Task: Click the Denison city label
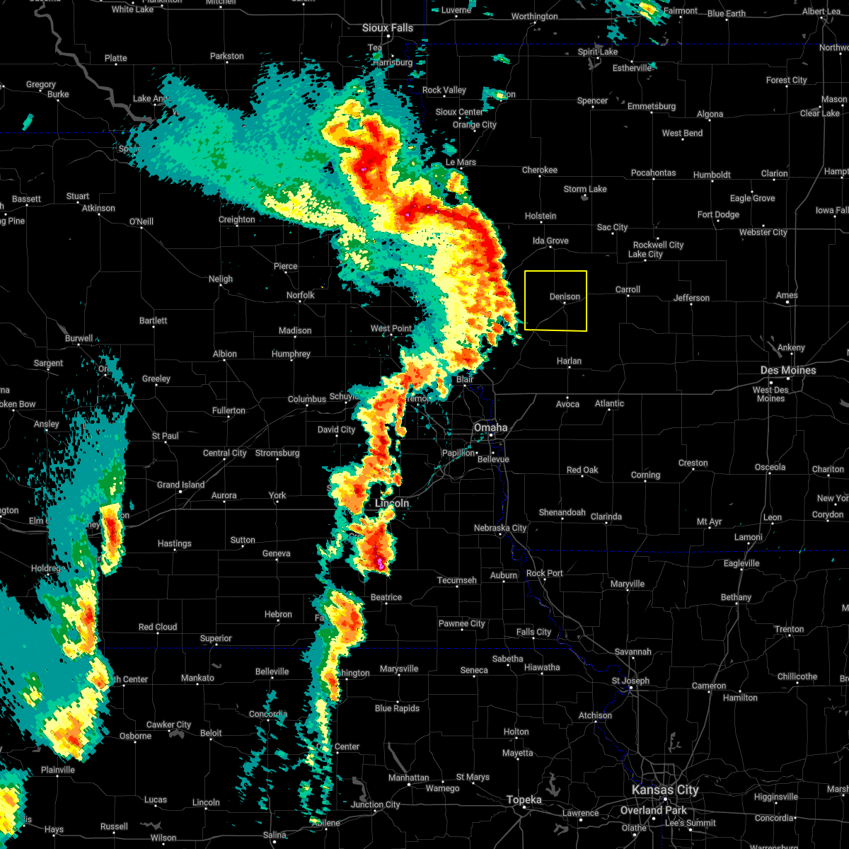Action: coord(564,296)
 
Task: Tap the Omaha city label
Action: coord(490,427)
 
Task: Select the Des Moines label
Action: coord(788,370)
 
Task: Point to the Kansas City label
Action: coord(664,790)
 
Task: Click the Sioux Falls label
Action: coord(388,28)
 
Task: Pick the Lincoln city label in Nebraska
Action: coord(392,503)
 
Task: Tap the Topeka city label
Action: coord(524,800)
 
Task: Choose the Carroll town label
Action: coord(628,289)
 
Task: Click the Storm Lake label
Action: coord(585,189)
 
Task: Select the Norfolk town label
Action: coord(300,295)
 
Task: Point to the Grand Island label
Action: coord(180,485)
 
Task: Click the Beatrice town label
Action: coord(386,597)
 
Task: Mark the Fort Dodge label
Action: coord(718,214)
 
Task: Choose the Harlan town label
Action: coord(569,361)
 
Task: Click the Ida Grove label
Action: coord(550,241)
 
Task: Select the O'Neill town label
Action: coord(141,221)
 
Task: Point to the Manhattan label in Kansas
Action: coord(409,778)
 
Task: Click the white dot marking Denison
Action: coord(565,303)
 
